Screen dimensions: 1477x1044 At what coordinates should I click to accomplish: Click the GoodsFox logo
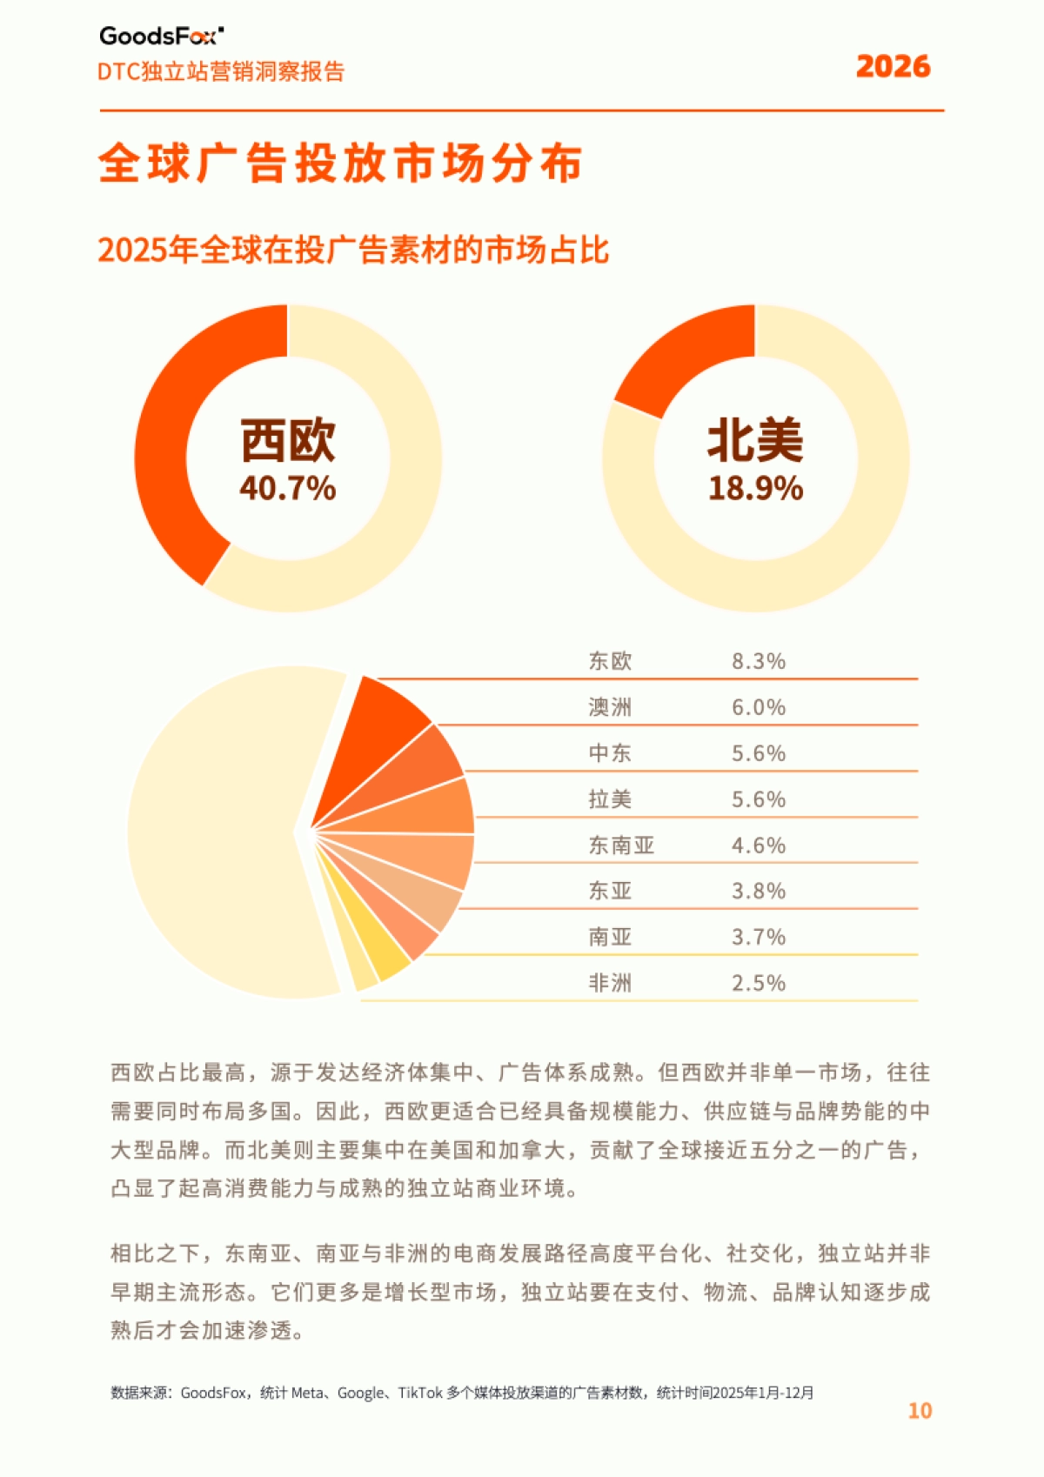(x=161, y=36)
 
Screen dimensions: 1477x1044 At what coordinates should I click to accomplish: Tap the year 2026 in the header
(x=893, y=67)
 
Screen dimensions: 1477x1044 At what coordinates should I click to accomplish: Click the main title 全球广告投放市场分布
(x=340, y=163)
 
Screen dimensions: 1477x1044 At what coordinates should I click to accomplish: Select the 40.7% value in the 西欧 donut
(x=288, y=489)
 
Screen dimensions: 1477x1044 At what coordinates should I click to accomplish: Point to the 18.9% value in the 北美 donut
(x=755, y=489)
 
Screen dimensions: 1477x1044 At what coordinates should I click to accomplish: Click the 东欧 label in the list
(x=610, y=661)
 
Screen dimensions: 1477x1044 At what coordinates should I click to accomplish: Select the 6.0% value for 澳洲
(x=758, y=707)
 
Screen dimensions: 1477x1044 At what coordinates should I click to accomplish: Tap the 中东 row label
(x=610, y=753)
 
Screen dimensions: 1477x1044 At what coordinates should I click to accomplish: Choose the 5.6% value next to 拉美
(x=758, y=799)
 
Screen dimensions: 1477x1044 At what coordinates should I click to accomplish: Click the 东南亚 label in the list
(x=621, y=845)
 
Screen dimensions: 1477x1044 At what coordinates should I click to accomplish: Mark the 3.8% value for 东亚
(x=758, y=892)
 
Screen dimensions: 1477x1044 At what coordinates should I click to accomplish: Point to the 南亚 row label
(x=610, y=938)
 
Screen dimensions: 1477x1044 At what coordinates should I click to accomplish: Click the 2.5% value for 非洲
(x=758, y=984)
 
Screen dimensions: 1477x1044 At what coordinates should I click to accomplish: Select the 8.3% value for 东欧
(x=758, y=661)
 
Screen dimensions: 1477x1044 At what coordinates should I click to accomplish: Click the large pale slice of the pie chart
(x=217, y=835)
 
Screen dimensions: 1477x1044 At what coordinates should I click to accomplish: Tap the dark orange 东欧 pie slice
(x=378, y=731)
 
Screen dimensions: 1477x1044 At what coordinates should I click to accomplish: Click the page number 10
(x=920, y=1411)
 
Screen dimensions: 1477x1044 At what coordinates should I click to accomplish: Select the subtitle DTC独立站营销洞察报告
(x=221, y=71)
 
